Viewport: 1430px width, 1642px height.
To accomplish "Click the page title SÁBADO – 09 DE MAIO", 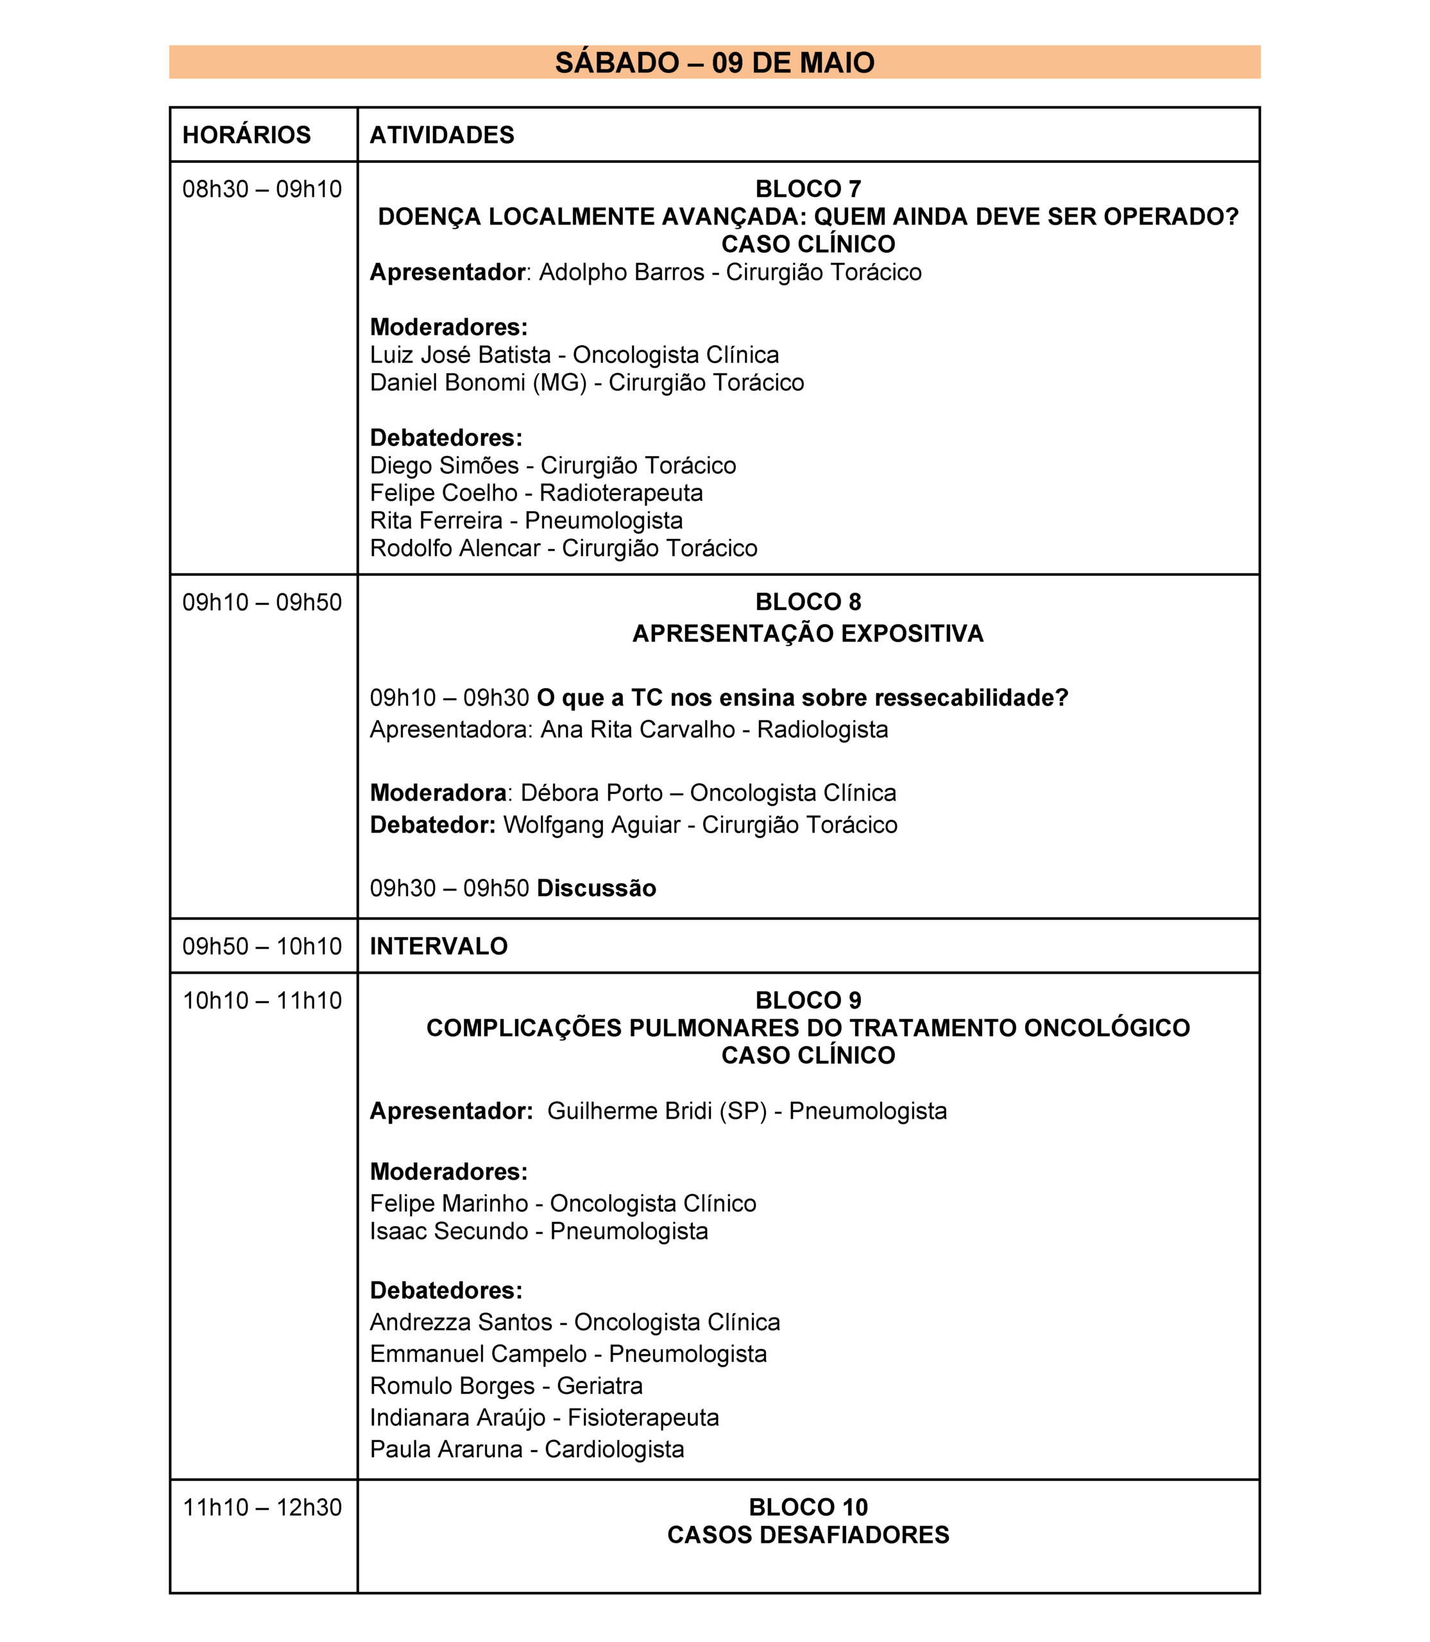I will coord(714,62).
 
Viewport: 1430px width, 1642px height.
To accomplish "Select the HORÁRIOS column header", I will coord(246,135).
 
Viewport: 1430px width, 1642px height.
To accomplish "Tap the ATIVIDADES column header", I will coord(441,135).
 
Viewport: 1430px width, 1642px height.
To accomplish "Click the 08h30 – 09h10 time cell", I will coord(262,189).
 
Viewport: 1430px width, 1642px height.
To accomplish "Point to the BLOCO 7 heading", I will coord(808,189).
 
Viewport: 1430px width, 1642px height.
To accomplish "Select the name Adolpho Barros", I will coord(621,272).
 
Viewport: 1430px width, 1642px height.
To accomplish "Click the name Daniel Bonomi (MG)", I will coord(478,383).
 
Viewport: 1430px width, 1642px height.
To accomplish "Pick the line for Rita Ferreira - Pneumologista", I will coord(526,521).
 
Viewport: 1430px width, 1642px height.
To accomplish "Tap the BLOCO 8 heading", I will coord(808,602).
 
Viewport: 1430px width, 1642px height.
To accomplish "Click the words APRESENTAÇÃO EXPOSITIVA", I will coord(808,634).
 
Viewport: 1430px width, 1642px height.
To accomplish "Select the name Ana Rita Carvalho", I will coord(638,729).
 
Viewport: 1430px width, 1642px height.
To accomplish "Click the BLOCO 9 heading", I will coord(808,1001).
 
